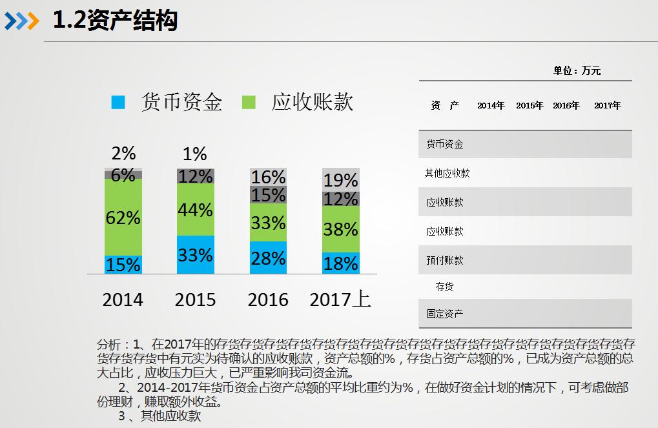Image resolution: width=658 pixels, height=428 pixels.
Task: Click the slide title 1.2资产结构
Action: pyautogui.click(x=115, y=21)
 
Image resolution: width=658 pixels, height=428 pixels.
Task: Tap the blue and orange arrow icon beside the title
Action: pyautogui.click(x=22, y=21)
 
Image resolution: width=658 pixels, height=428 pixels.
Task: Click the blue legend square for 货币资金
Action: pyautogui.click(x=118, y=102)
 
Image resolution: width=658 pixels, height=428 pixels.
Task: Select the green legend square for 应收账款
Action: pyautogui.click(x=249, y=102)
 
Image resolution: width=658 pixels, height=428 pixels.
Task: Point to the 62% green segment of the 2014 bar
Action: pyautogui.click(x=123, y=217)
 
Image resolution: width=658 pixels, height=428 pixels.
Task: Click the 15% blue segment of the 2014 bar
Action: pyautogui.click(x=123, y=265)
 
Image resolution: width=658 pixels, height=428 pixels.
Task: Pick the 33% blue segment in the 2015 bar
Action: pyautogui.click(x=195, y=255)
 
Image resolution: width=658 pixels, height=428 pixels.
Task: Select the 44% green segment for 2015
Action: pyautogui.click(x=195, y=210)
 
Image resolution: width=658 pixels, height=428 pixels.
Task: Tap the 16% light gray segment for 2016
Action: pyautogui.click(x=268, y=177)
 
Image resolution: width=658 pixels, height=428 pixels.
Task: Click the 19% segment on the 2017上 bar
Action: pyautogui.click(x=340, y=179)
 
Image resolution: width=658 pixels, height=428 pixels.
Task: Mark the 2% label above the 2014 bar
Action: pyautogui.click(x=123, y=154)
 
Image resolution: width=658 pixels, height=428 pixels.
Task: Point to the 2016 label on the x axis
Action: pyautogui.click(x=268, y=300)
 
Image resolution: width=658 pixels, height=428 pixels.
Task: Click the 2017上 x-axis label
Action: pyautogui.click(x=340, y=300)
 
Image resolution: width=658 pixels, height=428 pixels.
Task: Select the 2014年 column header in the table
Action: pyautogui.click(x=491, y=105)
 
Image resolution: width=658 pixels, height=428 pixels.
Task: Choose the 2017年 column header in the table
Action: pyautogui.click(x=607, y=105)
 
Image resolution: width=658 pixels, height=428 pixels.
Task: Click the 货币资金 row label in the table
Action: pyautogui.click(x=444, y=145)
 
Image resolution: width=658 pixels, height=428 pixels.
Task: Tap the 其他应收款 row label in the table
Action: pyautogui.click(x=447, y=173)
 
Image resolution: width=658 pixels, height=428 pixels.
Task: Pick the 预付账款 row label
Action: pyautogui.click(x=444, y=260)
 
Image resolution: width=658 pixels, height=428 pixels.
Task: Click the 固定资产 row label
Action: pyautogui.click(x=444, y=314)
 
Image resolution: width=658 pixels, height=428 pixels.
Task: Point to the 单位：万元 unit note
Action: pyautogui.click(x=577, y=70)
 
